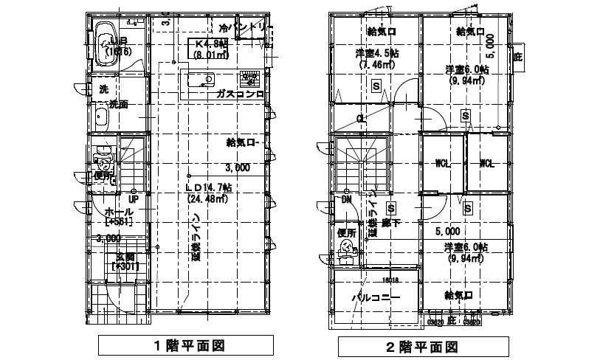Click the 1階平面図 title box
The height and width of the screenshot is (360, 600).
click(188, 345)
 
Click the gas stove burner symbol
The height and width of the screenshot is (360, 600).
click(249, 77)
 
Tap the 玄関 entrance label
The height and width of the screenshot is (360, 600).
click(125, 257)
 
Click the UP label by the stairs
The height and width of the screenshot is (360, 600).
click(134, 199)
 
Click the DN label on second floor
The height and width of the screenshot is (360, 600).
click(345, 199)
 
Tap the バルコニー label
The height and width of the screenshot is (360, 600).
click(375, 298)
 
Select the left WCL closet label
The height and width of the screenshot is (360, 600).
click(443, 163)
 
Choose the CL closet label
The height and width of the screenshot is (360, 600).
click(361, 118)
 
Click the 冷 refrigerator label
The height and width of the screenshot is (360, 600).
click(222, 28)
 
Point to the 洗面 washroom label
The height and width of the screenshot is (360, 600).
click(118, 105)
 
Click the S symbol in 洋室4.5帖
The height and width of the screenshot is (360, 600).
click(376, 86)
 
